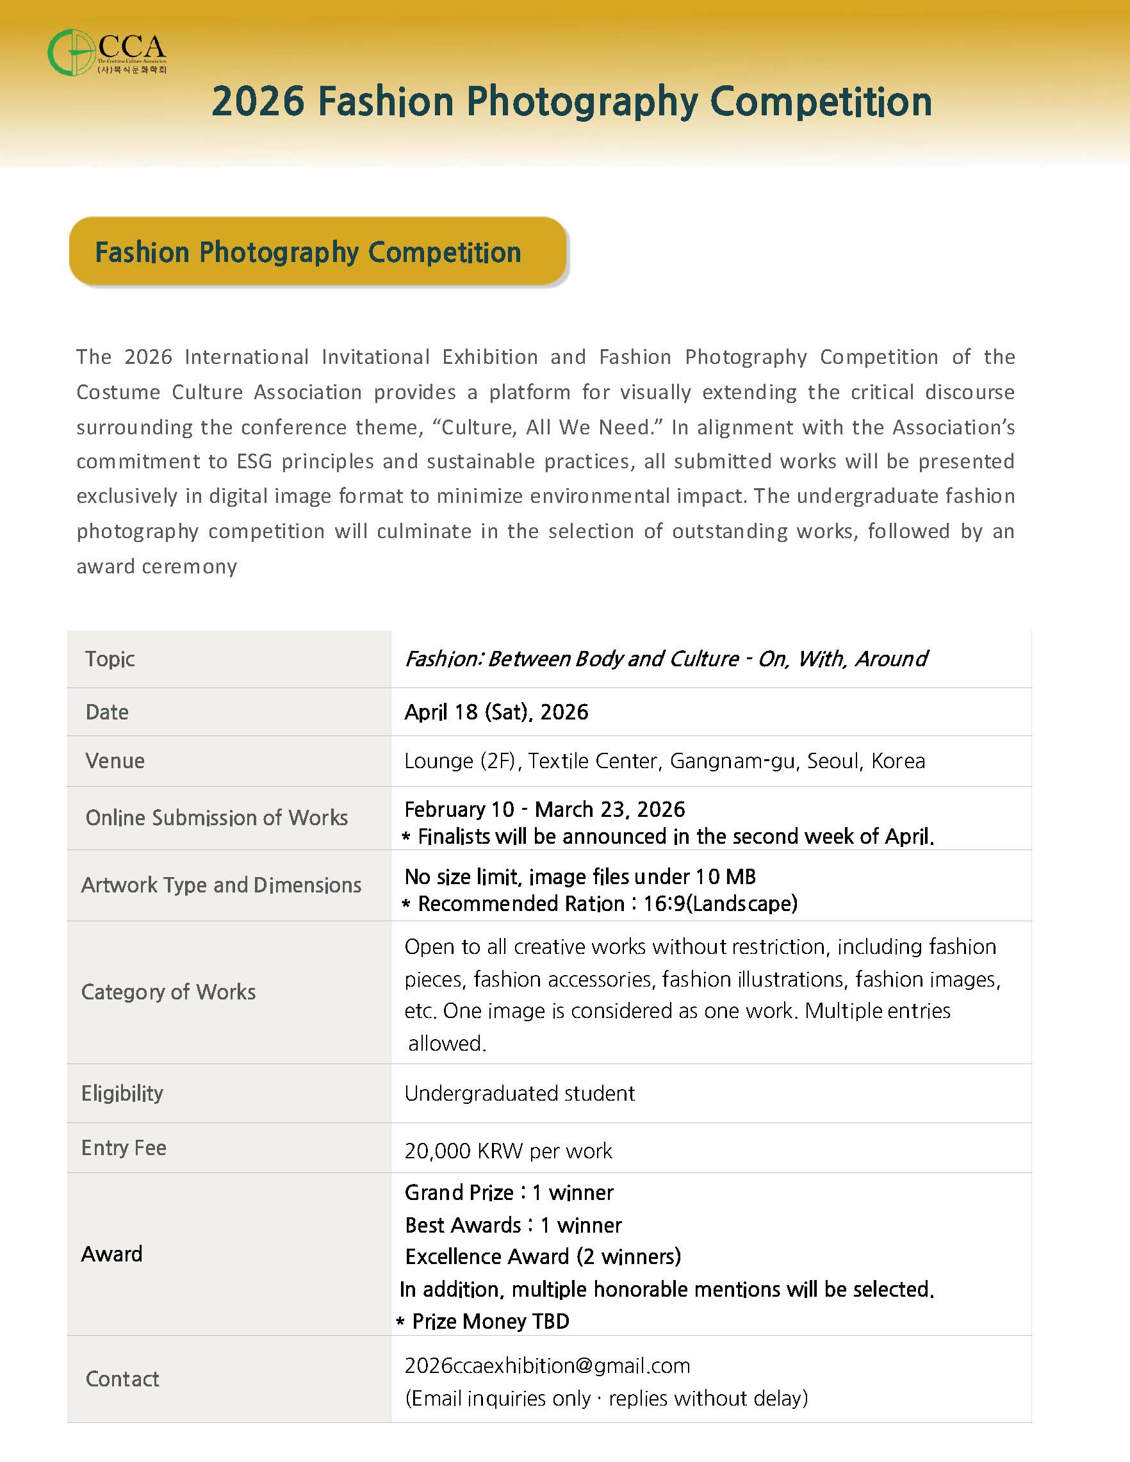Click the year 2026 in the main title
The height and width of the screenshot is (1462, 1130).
click(258, 102)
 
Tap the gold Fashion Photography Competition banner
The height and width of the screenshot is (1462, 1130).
click(317, 252)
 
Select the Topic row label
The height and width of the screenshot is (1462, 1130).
click(110, 659)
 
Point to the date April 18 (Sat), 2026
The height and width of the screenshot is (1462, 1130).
click(496, 712)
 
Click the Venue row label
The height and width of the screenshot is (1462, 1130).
click(115, 760)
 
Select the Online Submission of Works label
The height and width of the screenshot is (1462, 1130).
click(217, 817)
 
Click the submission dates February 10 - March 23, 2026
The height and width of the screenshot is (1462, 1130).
click(545, 809)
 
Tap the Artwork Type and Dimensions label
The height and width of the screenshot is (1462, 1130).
click(221, 885)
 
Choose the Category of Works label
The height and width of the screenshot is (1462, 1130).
click(168, 991)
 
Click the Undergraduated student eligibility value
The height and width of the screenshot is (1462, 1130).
click(520, 1093)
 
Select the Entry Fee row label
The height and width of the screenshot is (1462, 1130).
click(124, 1147)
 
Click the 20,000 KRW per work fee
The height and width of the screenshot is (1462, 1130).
click(508, 1151)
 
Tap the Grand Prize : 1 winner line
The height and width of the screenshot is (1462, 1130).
click(509, 1192)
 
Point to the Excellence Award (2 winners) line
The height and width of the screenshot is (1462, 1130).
click(543, 1256)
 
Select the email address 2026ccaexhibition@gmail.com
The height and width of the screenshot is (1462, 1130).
click(547, 1366)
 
